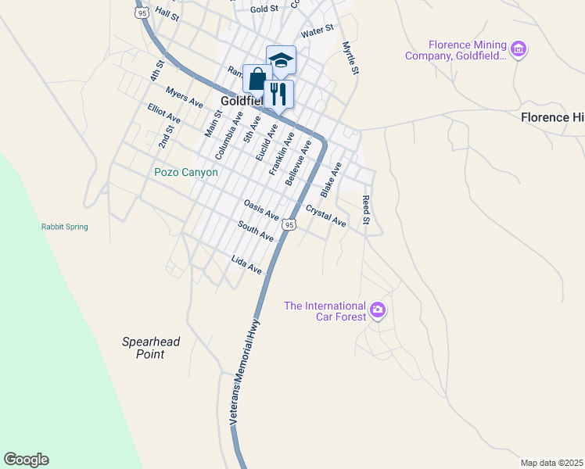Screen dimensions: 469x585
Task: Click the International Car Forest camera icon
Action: (x=378, y=310)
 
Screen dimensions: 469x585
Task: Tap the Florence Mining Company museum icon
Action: (x=518, y=50)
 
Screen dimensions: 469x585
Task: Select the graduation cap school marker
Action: (x=281, y=60)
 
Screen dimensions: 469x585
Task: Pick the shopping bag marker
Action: (x=257, y=78)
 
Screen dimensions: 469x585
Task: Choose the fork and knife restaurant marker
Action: (x=278, y=94)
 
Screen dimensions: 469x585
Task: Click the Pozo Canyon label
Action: (x=186, y=172)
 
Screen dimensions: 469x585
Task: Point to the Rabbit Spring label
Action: (x=65, y=227)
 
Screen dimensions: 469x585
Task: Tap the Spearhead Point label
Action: (x=144, y=348)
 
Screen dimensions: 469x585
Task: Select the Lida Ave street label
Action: (x=246, y=263)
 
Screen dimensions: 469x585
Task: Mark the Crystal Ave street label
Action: (x=326, y=216)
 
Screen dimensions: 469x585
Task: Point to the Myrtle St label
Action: (x=350, y=59)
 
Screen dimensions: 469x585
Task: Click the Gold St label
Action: (x=264, y=9)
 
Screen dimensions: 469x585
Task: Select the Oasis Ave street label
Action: (x=261, y=209)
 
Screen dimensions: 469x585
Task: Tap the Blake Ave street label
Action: (x=331, y=179)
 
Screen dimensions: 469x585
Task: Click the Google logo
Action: (x=26, y=460)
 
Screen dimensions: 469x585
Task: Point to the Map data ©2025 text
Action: (x=551, y=463)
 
